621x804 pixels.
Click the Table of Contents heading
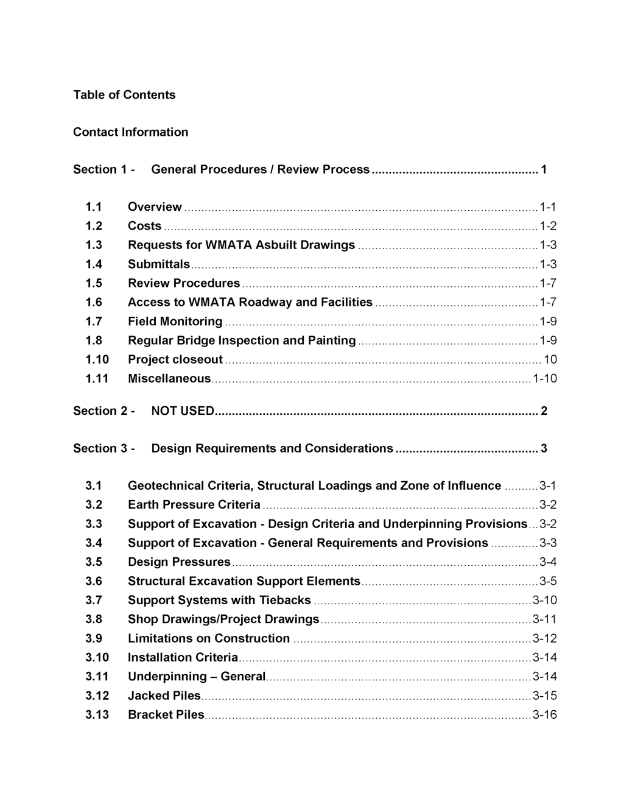point(124,94)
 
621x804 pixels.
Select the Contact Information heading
point(130,132)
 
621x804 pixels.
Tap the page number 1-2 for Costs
point(548,226)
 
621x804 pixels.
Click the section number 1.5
point(94,283)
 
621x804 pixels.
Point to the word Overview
point(155,207)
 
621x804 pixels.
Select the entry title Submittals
point(159,264)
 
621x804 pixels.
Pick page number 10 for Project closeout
point(550,359)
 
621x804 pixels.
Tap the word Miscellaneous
point(169,379)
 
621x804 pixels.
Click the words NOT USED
point(183,411)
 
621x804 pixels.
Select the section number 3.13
point(97,714)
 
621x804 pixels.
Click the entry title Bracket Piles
point(166,714)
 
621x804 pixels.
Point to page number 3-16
point(544,714)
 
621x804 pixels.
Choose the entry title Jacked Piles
point(164,696)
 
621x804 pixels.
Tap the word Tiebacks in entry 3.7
point(285,601)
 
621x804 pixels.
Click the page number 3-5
point(548,581)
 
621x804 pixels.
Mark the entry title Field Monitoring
point(175,322)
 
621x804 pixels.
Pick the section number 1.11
point(97,379)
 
